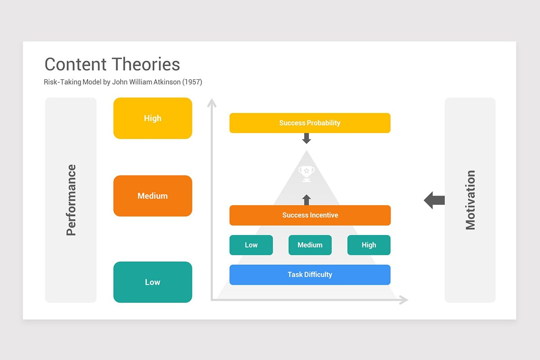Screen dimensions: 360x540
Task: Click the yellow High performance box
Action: [x=153, y=118]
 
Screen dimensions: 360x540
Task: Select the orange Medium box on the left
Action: [x=153, y=196]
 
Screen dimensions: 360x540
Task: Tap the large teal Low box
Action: [x=153, y=282]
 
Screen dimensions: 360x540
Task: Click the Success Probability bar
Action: [x=310, y=123]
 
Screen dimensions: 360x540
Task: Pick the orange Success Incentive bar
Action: [x=310, y=215]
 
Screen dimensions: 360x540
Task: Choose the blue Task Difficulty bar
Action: [x=310, y=274]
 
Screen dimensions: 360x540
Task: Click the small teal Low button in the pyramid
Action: [x=251, y=245]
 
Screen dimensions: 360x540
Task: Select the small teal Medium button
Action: [x=310, y=245]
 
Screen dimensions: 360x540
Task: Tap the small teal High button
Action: [x=369, y=245]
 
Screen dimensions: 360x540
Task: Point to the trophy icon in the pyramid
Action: [x=306, y=173]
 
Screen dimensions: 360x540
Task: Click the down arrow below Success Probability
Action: [x=306, y=138]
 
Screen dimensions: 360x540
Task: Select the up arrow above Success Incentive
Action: [x=306, y=199]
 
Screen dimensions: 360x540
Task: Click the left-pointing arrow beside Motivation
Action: [x=434, y=200]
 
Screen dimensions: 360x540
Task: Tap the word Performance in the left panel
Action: [x=71, y=200]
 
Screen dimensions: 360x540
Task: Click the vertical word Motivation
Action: [x=470, y=200]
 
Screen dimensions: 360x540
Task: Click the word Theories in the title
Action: [x=146, y=64]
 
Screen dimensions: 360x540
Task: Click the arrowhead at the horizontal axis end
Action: [x=404, y=300]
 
